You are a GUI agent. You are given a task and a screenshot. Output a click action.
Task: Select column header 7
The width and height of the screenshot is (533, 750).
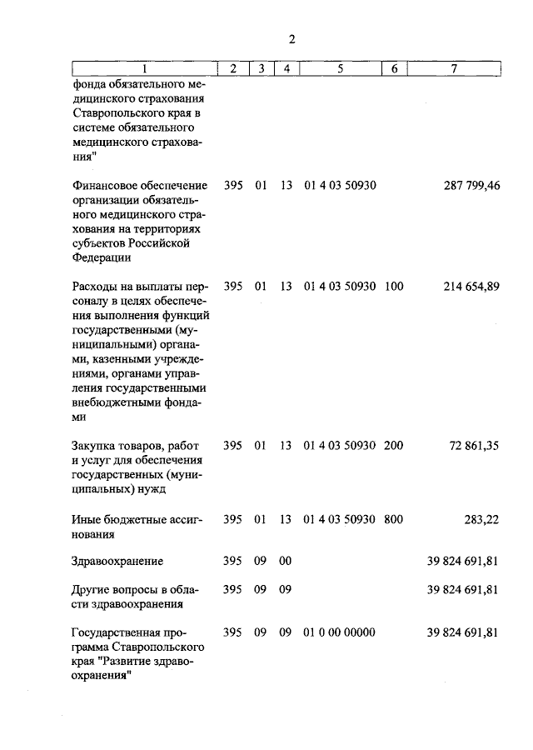(452, 69)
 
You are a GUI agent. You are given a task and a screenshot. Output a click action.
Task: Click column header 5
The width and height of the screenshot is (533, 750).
(340, 69)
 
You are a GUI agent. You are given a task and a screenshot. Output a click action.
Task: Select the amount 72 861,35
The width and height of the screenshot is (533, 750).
(474, 446)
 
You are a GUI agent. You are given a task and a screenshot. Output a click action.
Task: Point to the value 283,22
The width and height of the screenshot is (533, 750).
(481, 519)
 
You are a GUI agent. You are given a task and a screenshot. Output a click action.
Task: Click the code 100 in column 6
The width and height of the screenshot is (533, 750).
(394, 286)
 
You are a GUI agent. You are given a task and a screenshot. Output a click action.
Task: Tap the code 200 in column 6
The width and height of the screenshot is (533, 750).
(394, 446)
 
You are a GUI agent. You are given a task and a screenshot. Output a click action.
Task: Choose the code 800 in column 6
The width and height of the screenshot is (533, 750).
(394, 519)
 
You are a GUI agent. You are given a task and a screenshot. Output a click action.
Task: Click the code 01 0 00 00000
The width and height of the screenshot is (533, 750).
(340, 632)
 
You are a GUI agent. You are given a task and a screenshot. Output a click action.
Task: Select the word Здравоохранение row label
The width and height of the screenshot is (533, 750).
(117, 561)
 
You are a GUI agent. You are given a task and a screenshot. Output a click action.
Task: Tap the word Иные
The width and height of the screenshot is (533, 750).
(87, 519)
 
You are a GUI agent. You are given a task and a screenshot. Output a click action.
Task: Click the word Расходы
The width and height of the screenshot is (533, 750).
(94, 286)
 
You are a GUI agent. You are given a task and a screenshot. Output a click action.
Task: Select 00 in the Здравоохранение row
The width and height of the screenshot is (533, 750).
(286, 561)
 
